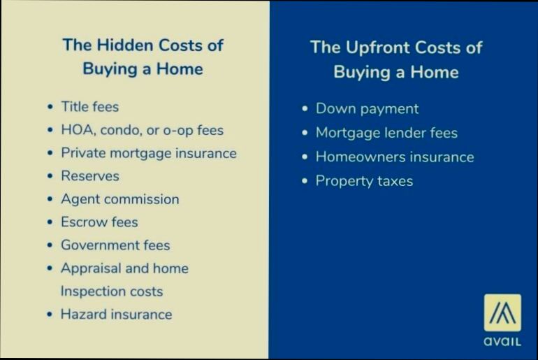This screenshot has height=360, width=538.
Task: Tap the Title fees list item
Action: tap(89, 107)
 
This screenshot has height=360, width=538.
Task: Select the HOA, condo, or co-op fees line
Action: tap(142, 130)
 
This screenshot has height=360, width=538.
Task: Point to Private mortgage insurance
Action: tap(148, 153)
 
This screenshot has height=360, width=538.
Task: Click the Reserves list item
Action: tap(89, 176)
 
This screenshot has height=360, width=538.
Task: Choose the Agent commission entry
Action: tap(119, 199)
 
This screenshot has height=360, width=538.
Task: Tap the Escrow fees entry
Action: tap(99, 222)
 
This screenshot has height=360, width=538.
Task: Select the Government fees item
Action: tap(115, 245)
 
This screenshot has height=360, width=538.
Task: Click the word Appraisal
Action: tap(91, 268)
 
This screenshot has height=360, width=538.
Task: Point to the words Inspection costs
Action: tap(112, 291)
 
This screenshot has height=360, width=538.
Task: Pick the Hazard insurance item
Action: tap(116, 315)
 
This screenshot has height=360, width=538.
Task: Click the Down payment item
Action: tap(367, 109)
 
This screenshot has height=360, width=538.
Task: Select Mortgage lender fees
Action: tap(386, 133)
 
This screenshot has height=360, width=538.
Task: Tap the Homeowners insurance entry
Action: tap(395, 157)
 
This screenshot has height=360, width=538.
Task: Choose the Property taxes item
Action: tap(364, 181)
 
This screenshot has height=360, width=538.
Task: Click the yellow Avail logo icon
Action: tap(502, 312)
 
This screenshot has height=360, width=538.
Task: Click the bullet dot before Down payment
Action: tap(305, 110)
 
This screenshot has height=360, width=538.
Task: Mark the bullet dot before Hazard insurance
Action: tap(50, 315)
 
